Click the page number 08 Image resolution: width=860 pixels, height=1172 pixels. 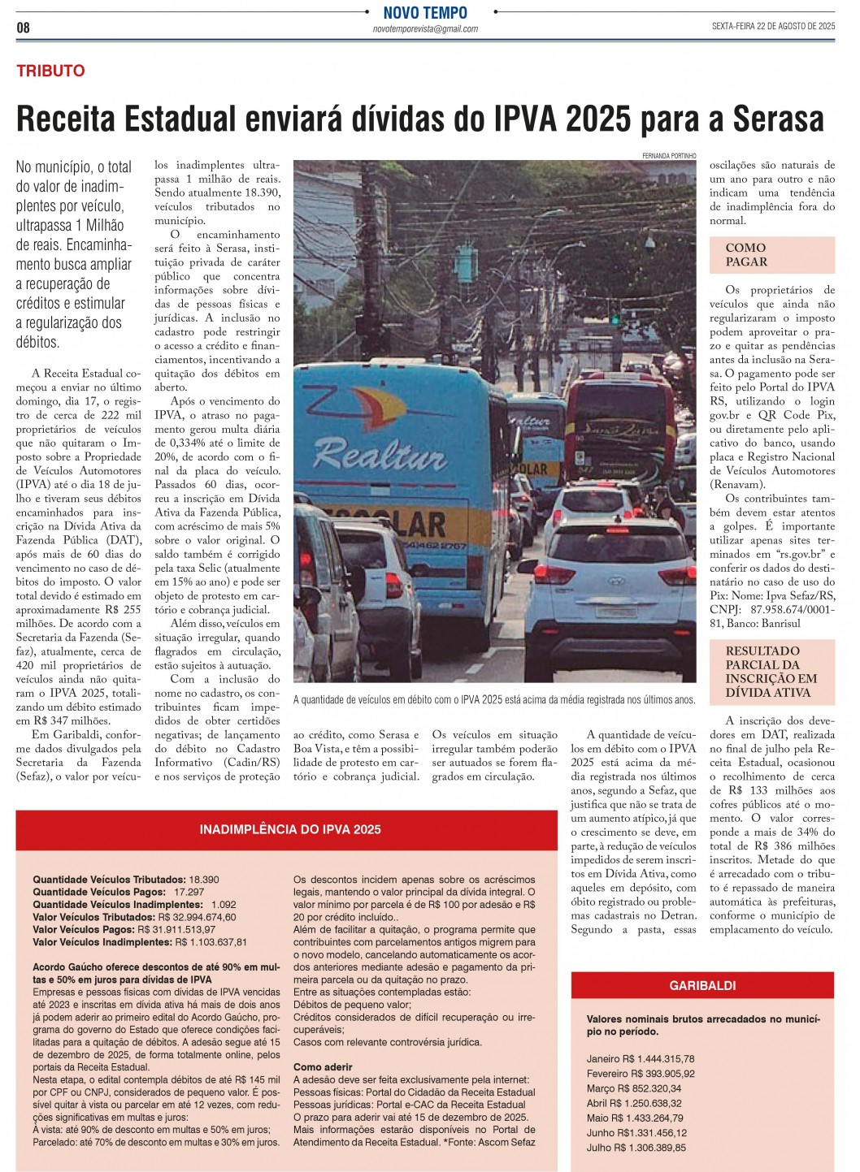(23, 28)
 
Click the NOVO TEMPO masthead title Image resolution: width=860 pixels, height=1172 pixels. (425, 12)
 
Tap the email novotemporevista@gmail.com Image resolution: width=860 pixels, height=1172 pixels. (425, 29)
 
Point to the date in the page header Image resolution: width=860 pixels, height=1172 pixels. (773, 26)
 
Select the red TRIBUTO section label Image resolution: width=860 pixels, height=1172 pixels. (50, 71)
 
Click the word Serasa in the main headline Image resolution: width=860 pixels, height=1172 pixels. (778, 119)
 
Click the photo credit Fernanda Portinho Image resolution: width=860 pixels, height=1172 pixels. (669, 155)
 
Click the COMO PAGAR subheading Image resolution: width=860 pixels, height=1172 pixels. (746, 255)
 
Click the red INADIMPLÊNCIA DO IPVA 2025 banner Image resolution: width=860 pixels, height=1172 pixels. (290, 829)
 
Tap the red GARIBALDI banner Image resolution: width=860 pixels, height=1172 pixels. (702, 985)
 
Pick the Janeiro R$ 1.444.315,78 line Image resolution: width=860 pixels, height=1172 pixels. (641, 1059)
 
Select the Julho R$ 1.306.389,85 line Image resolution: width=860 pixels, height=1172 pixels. (636, 1148)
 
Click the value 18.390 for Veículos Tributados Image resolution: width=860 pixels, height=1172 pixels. (204, 880)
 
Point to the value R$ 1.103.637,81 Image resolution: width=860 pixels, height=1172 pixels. (211, 942)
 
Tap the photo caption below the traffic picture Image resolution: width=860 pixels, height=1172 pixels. (494, 699)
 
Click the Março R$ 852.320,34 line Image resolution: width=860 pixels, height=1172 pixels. (634, 1088)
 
